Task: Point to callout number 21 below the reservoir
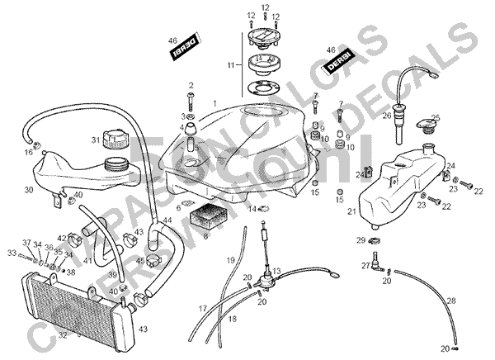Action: [351, 212]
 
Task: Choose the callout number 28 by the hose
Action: [450, 300]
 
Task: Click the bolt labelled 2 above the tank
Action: [191, 101]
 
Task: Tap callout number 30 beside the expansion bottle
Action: [28, 190]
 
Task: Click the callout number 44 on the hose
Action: [167, 220]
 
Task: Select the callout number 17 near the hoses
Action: [201, 309]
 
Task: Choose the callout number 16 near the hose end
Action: [28, 153]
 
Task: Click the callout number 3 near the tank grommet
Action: [182, 117]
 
